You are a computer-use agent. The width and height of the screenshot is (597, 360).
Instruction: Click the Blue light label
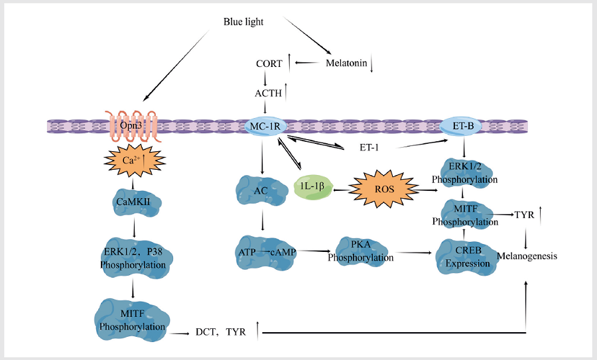pyautogui.click(x=243, y=22)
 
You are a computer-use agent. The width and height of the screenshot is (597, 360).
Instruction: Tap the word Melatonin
pyautogui.click(x=346, y=63)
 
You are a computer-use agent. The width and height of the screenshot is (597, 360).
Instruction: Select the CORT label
pyautogui.click(x=269, y=64)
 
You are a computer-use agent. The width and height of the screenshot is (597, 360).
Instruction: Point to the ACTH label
pyautogui.click(x=269, y=93)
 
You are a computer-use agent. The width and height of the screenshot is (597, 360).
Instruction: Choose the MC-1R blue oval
pyautogui.click(x=265, y=127)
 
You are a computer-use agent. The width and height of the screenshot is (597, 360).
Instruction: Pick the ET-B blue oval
pyautogui.click(x=463, y=125)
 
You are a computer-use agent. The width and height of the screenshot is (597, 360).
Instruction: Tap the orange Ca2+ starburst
pyautogui.click(x=135, y=160)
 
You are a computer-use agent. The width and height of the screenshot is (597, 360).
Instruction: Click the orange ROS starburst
pyautogui.click(x=384, y=189)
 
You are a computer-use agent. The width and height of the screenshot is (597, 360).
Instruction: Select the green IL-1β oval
pyautogui.click(x=312, y=186)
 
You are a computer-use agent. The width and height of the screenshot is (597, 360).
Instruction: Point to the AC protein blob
pyautogui.click(x=261, y=190)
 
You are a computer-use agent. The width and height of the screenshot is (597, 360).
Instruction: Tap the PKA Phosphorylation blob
pyautogui.click(x=360, y=251)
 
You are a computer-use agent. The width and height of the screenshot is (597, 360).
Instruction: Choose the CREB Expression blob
pyautogui.click(x=467, y=257)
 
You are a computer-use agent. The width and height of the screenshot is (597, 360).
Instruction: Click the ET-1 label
pyautogui.click(x=369, y=147)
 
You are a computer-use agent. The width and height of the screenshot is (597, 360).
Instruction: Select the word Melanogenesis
pyautogui.click(x=527, y=256)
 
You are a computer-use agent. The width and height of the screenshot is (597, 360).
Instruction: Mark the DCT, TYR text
pyautogui.click(x=221, y=332)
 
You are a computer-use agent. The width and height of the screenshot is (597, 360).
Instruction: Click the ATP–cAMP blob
pyautogui.click(x=266, y=253)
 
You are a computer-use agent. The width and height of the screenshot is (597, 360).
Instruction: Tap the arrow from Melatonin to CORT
pyautogui.click(x=307, y=63)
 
